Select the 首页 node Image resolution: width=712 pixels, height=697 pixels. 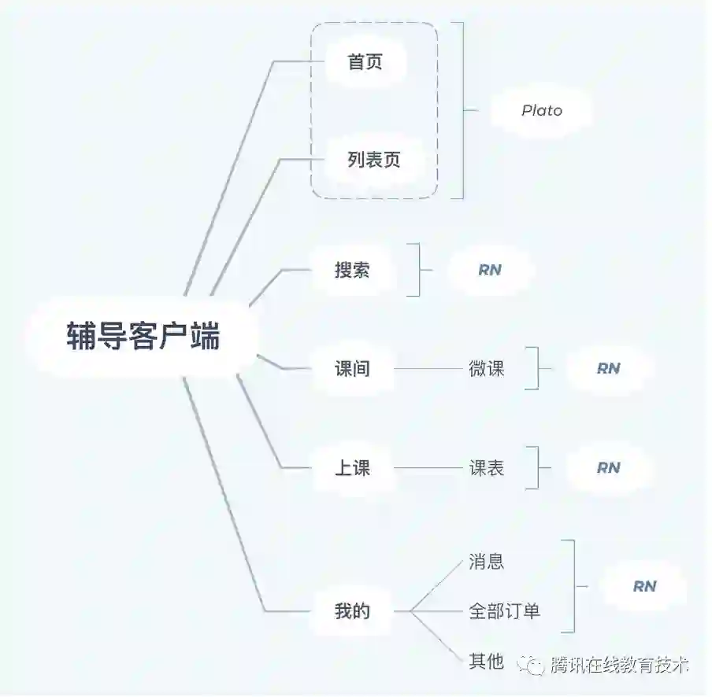[365, 62]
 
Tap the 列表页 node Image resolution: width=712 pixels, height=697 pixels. [374, 160]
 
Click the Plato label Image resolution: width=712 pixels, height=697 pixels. [542, 111]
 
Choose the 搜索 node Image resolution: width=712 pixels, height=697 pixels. [352, 270]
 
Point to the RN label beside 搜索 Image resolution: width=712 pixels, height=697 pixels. [490, 270]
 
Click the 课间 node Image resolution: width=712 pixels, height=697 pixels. [352, 368]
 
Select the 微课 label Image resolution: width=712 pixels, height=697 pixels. [487, 368]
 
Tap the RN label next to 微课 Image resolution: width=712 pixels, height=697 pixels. [608, 368]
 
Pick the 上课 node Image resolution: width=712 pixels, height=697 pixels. [352, 468]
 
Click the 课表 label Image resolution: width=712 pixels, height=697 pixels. [487, 468]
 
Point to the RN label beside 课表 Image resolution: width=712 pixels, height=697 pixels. [608, 468]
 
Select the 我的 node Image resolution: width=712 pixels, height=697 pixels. [352, 610]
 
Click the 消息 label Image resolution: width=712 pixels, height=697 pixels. [487, 562]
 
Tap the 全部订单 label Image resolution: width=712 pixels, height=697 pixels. [505, 610]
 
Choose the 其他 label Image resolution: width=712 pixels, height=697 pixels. [487, 661]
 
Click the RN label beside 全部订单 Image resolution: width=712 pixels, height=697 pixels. [644, 586]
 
